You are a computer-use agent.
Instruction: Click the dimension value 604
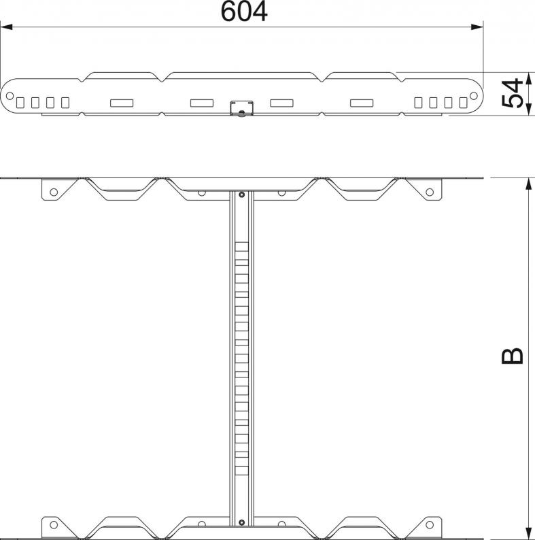coord(244,12)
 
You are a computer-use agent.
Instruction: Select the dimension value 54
coord(513,93)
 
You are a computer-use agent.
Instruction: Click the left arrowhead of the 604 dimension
coord(7,27)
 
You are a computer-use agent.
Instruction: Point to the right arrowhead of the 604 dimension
coord(477,27)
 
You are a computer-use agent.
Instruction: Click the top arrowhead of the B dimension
coord(528,184)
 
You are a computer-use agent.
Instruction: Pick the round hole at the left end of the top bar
coord(10,95)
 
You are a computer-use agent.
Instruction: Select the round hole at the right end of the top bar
coord(473,95)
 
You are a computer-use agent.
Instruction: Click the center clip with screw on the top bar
coord(242,108)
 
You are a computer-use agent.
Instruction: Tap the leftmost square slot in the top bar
coord(20,103)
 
